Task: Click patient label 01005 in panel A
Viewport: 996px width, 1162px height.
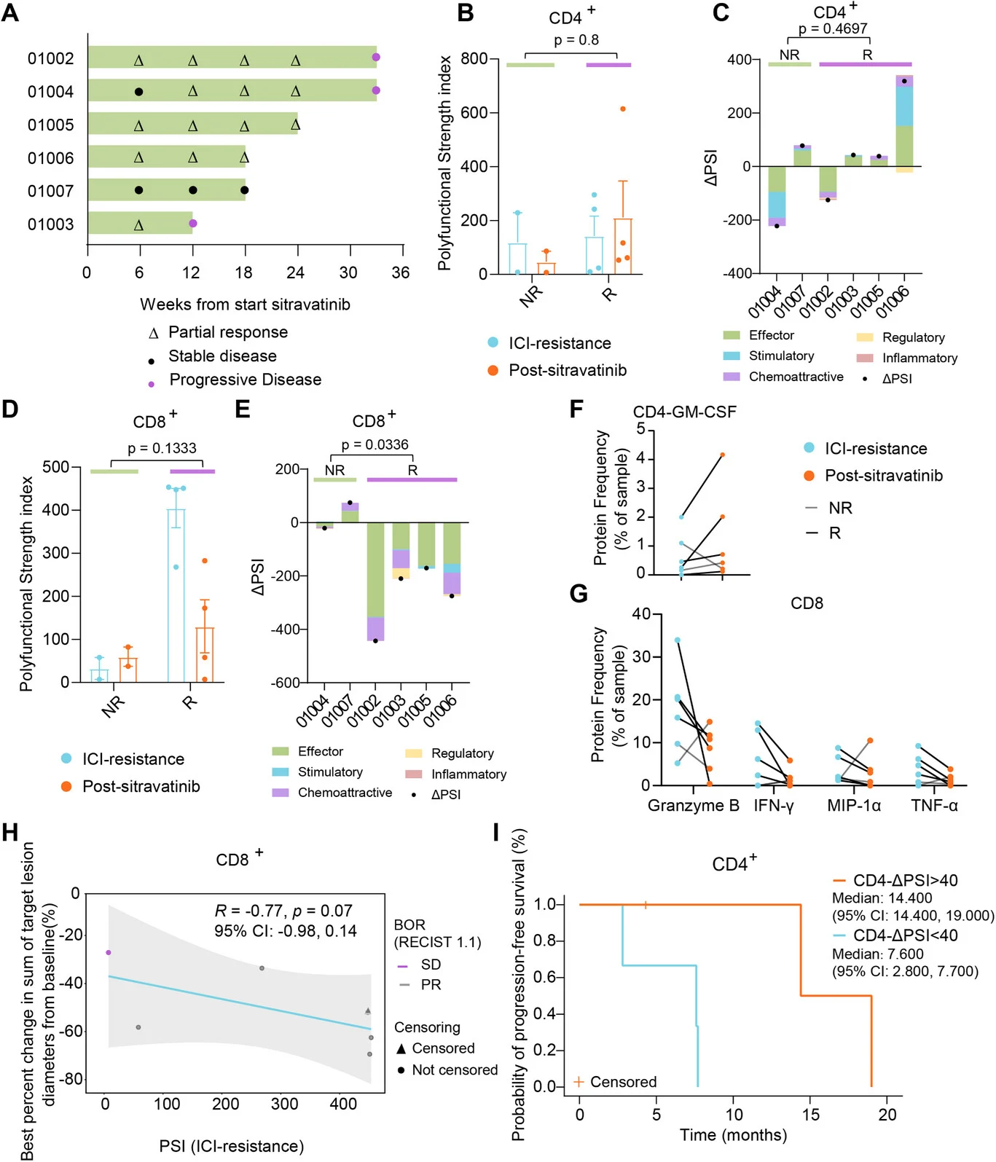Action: pos(50,125)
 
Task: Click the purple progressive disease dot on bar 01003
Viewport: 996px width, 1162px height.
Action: pos(193,224)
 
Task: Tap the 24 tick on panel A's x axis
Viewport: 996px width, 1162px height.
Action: pos(295,272)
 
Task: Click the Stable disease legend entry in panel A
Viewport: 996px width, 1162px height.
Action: pos(221,356)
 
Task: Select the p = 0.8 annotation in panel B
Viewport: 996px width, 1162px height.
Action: pos(576,40)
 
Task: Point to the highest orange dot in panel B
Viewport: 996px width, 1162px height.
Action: pos(623,109)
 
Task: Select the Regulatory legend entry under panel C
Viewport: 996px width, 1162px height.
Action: pos(912,337)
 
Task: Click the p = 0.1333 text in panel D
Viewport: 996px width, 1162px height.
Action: pos(162,448)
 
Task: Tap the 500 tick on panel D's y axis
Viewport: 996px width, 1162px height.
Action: pos(56,466)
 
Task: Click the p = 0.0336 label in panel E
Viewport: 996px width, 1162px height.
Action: pos(375,444)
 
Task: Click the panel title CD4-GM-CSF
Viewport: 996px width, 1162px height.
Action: pos(684,412)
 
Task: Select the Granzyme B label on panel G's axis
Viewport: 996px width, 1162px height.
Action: pos(693,806)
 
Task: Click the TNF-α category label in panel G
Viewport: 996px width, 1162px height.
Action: pos(934,806)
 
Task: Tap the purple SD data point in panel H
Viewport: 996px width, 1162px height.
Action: pos(109,952)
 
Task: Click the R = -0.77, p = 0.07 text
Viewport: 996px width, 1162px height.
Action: pos(283,911)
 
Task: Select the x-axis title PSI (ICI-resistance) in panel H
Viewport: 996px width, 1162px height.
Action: pos(231,1146)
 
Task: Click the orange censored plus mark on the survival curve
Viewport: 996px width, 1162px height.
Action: pos(646,905)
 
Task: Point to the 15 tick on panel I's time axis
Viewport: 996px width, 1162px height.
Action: pos(810,1115)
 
